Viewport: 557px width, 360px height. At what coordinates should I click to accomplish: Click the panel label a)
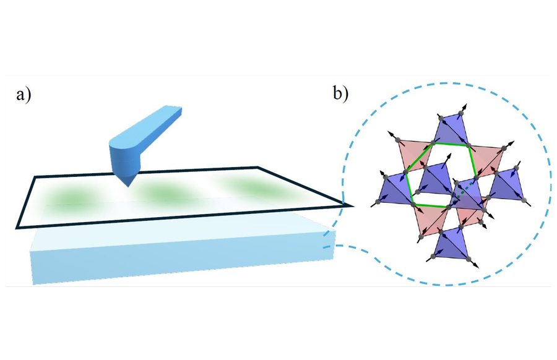click(x=24, y=95)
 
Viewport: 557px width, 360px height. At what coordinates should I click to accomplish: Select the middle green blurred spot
click(x=164, y=192)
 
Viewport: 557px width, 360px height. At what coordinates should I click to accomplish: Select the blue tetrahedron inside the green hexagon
click(x=436, y=179)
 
